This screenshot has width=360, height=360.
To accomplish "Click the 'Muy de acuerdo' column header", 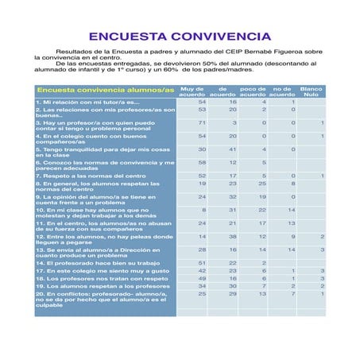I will [192, 91].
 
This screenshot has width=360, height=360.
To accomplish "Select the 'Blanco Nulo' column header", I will [312, 91].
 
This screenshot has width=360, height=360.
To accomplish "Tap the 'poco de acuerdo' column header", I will [253, 91].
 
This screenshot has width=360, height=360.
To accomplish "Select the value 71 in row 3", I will [202, 123].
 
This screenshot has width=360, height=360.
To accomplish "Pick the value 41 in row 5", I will [233, 149].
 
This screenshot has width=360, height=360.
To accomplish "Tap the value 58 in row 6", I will [202, 162].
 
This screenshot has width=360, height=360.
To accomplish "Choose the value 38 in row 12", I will [233, 236].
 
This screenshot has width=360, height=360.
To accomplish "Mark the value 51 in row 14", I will [202, 262].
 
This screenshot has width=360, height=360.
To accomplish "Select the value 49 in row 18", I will [202, 278].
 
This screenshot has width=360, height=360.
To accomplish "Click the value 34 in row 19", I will [202, 286].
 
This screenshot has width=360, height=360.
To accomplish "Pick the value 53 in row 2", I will [202, 110].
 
